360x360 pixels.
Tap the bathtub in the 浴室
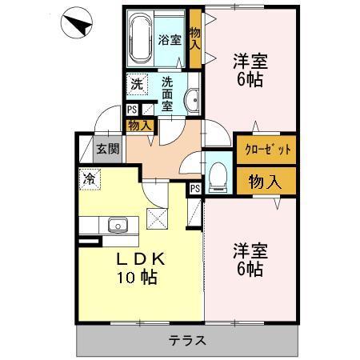(x=141, y=40)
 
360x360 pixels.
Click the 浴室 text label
(x=169, y=40)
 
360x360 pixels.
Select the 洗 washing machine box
(x=136, y=83)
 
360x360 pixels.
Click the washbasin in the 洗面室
(x=192, y=100)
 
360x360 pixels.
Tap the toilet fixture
(x=217, y=178)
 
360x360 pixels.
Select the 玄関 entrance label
(x=106, y=149)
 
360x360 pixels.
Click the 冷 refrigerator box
(x=88, y=179)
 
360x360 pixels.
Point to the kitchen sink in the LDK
(x=117, y=226)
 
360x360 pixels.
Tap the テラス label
(x=188, y=340)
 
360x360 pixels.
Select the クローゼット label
(x=264, y=150)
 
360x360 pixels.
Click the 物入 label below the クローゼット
(x=265, y=180)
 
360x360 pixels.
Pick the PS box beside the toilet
(x=195, y=188)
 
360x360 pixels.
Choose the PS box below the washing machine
(x=132, y=110)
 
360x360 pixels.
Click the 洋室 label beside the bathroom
(x=250, y=70)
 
